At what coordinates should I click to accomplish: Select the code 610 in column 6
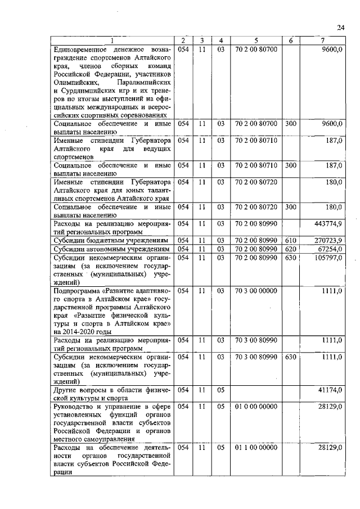(290, 240)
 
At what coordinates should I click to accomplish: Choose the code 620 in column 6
(290, 249)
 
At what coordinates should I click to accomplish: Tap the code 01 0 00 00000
(256, 406)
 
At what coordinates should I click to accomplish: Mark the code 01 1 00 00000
(256, 447)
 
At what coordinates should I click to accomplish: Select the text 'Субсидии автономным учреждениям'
(110, 249)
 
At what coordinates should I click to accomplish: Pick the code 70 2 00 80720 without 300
(256, 183)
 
